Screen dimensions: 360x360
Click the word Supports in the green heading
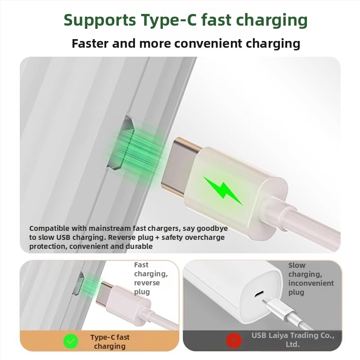pos(100,20)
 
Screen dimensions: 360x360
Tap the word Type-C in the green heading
pos(169,20)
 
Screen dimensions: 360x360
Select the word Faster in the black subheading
pos(90,43)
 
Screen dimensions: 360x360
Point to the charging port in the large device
pos(121,142)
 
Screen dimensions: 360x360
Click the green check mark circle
pos(71,342)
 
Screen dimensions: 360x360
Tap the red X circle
pos(234,341)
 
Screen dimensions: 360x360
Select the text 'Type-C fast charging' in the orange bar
pos(110,342)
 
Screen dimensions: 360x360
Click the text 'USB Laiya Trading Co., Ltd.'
pos(293,340)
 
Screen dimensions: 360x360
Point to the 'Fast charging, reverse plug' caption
pos(151,278)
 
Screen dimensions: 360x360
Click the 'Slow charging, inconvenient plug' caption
pos(311,279)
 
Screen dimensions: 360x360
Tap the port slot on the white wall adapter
pos(259,293)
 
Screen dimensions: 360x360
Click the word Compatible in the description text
pos(49,229)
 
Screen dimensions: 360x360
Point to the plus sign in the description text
pos(157,238)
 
